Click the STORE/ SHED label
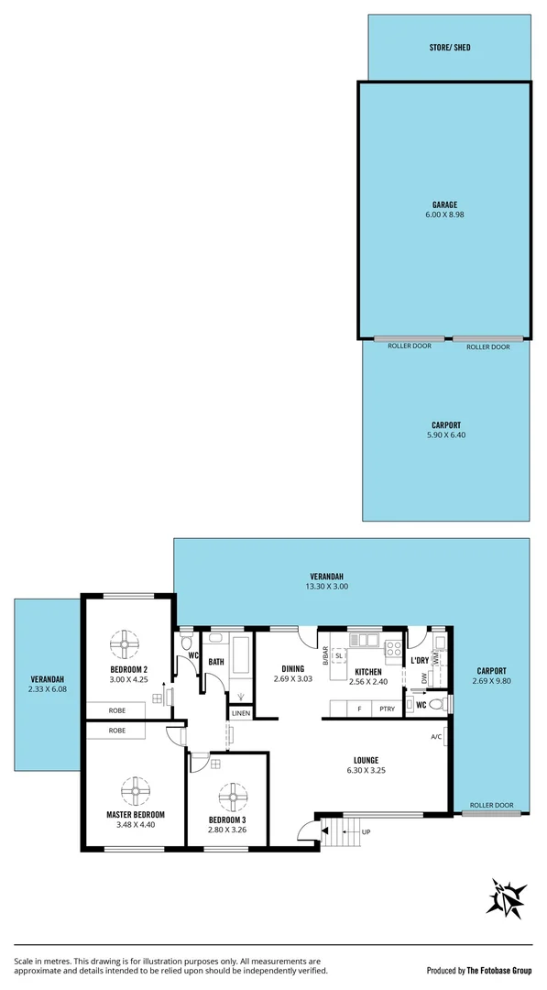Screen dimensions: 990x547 pos(450,47)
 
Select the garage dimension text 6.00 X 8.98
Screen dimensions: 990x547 pos(445,215)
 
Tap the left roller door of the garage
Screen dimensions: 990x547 pos(402,339)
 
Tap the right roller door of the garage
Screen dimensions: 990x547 pos(488,339)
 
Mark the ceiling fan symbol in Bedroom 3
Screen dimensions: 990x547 pos(227,794)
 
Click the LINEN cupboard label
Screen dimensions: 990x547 pos(240,712)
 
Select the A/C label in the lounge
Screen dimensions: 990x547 pos(436,737)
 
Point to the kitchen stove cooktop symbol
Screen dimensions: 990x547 pos(393,648)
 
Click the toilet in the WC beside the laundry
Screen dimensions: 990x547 pos(441,705)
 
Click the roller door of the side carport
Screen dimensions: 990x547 pos(489,812)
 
